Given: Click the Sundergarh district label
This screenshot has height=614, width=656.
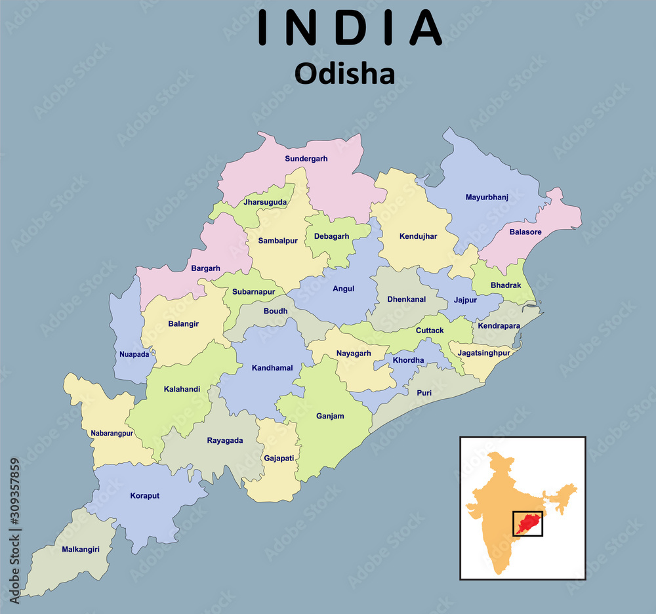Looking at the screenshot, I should tap(306, 159).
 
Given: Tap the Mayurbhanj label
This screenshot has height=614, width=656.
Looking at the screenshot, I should tap(487, 197).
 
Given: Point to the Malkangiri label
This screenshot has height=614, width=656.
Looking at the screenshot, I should tap(81, 549).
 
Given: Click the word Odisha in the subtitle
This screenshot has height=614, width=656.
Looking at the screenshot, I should tap(344, 73).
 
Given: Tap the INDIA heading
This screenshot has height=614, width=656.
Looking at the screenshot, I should tap(350, 28).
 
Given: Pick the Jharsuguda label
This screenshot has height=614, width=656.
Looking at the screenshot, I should tap(265, 202).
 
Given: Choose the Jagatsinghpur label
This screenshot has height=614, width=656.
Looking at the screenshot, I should tap(484, 352).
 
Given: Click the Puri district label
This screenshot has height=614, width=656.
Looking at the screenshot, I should tap(424, 392).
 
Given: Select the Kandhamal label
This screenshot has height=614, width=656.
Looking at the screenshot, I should tap(272, 368).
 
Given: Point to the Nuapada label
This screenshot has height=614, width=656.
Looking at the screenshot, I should tap(134, 354).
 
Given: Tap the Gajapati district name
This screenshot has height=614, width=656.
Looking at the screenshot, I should tap(279, 458).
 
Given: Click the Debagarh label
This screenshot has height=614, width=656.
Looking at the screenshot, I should tap(331, 236).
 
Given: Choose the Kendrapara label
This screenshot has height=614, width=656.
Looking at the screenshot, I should tap(499, 325).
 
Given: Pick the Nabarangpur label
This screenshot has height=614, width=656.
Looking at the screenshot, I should tap(112, 433).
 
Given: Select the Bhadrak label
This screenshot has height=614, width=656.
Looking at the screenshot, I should tap(506, 285).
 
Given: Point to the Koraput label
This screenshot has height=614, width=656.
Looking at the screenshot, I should tap(145, 496).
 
